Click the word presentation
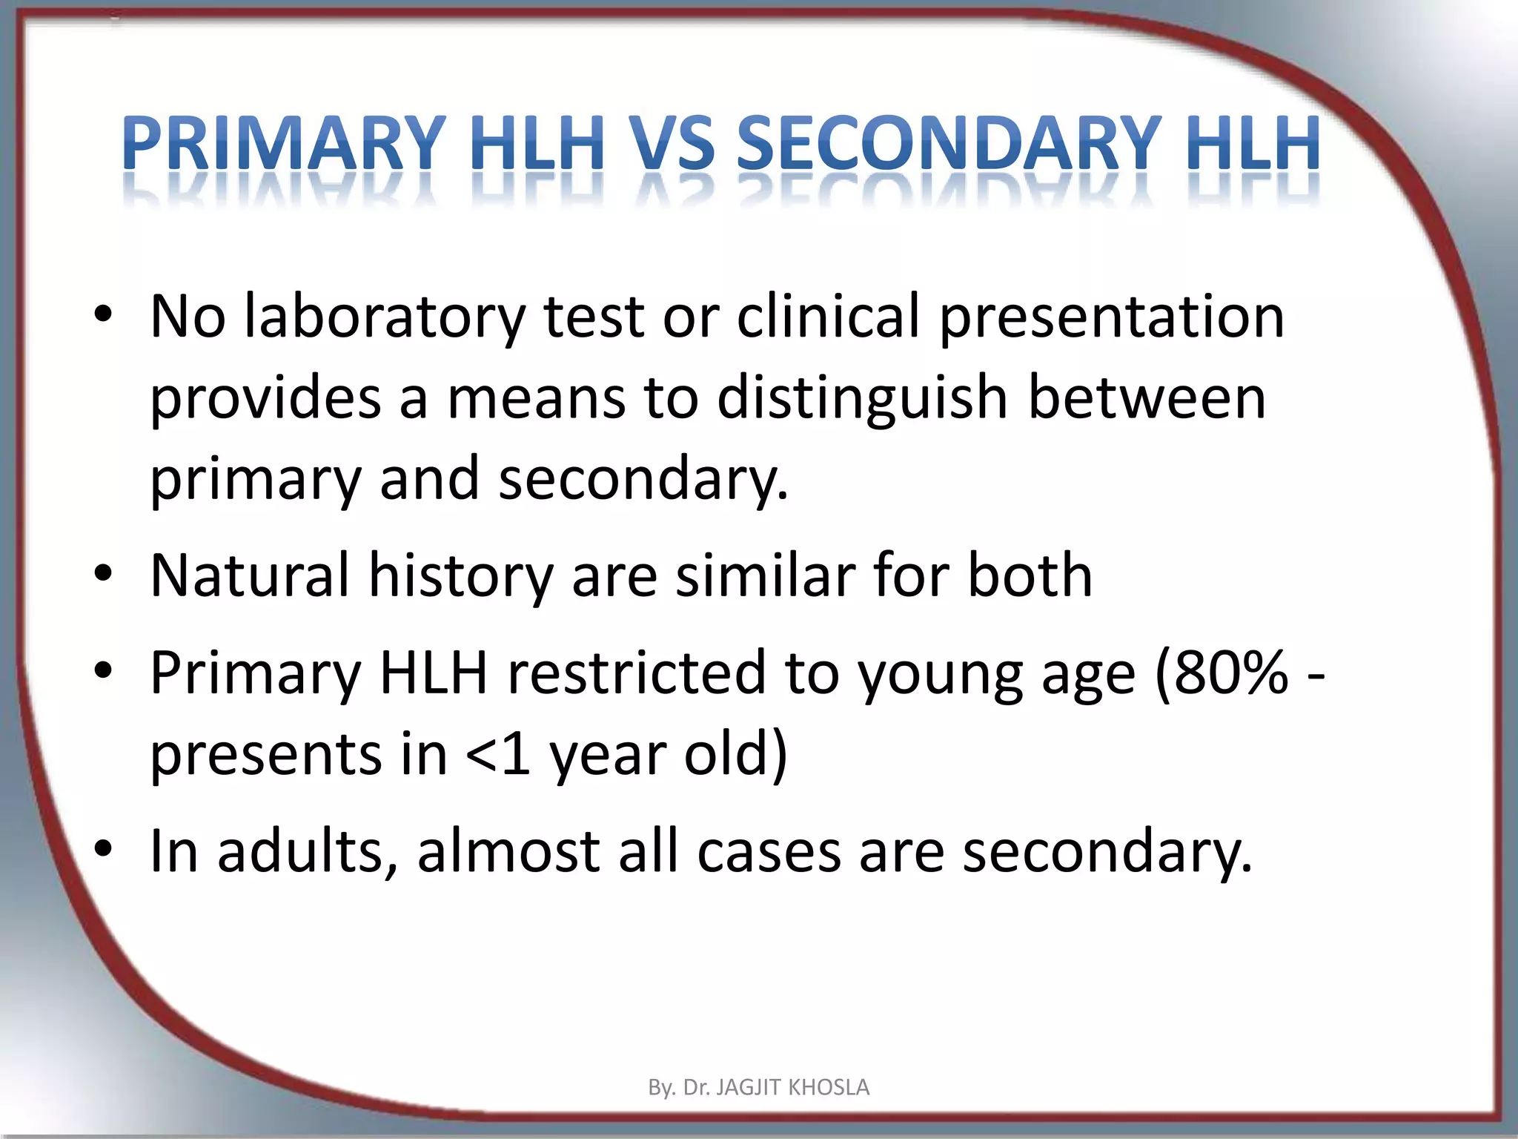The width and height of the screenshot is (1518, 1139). [x=1112, y=318]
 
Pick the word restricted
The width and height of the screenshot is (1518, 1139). [x=635, y=673]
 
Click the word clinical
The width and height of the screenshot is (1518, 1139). [x=829, y=317]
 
